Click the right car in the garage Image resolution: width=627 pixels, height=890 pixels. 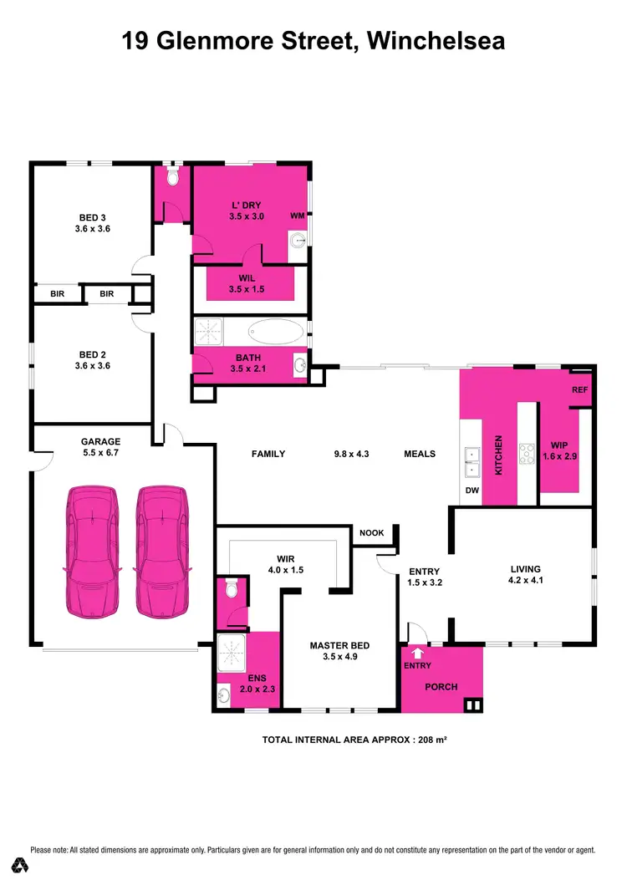(x=162, y=552)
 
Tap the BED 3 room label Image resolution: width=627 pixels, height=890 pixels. (x=92, y=221)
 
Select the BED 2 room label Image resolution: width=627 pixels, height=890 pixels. (x=92, y=359)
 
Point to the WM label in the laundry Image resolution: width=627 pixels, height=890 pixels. (x=296, y=216)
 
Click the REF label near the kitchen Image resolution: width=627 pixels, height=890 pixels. (x=579, y=390)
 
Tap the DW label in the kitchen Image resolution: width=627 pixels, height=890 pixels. (x=472, y=491)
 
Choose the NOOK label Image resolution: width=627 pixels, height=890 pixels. (x=371, y=532)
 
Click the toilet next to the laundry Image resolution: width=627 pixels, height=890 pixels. (x=173, y=176)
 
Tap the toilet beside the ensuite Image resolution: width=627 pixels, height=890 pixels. (x=232, y=590)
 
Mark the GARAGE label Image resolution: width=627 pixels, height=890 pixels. (x=100, y=441)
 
